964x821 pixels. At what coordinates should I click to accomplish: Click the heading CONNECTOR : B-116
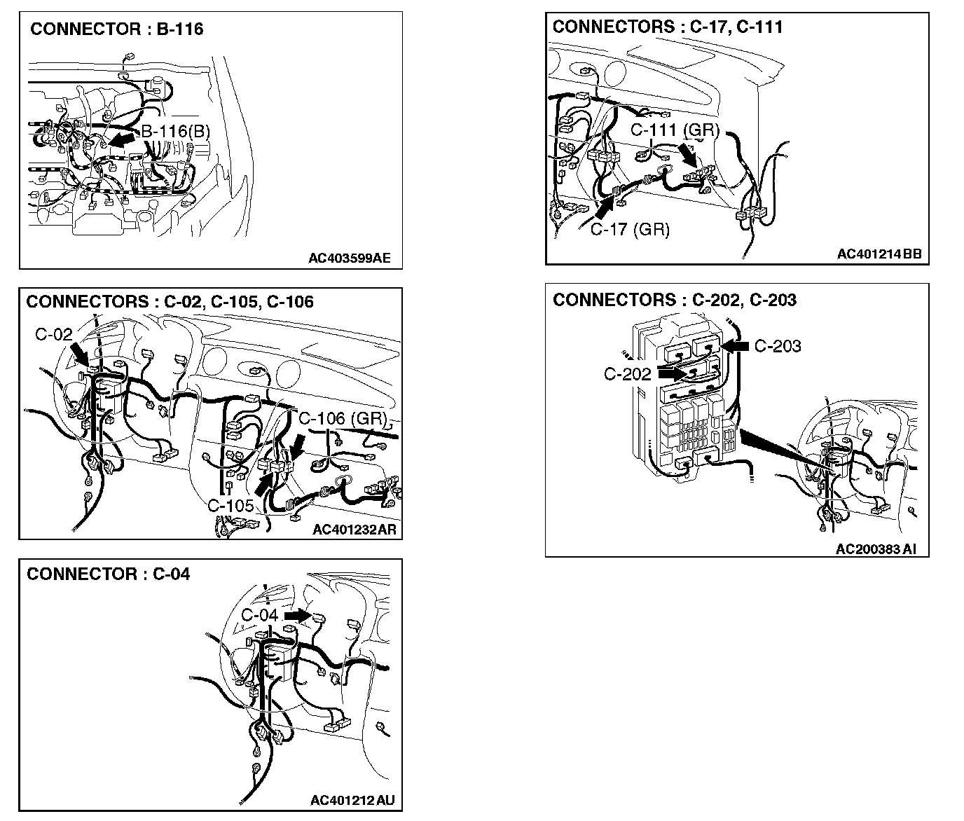pos(116,29)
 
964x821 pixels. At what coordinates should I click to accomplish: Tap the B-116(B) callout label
pos(175,132)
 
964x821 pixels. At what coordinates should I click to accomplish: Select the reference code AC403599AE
pos(350,258)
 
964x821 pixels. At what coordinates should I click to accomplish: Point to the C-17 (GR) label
pos(630,229)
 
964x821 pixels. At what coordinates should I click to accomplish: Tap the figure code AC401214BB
pos(880,254)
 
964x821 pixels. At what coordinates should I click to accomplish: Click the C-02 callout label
pos(54,334)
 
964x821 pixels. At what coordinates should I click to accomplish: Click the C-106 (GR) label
pos(343,418)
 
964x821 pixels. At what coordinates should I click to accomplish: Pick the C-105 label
pos(230,505)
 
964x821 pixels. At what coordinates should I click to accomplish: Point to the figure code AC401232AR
pos(354,529)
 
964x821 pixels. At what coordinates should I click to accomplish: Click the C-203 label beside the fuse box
pos(778,346)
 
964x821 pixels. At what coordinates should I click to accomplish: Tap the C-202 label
pos(627,374)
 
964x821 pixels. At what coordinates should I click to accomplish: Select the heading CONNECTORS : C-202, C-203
pos(675,300)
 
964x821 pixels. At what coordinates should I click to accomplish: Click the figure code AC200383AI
pos(876,549)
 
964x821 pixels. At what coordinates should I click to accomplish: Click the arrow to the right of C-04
pos(298,616)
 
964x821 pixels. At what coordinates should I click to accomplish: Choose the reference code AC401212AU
pos(352,801)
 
